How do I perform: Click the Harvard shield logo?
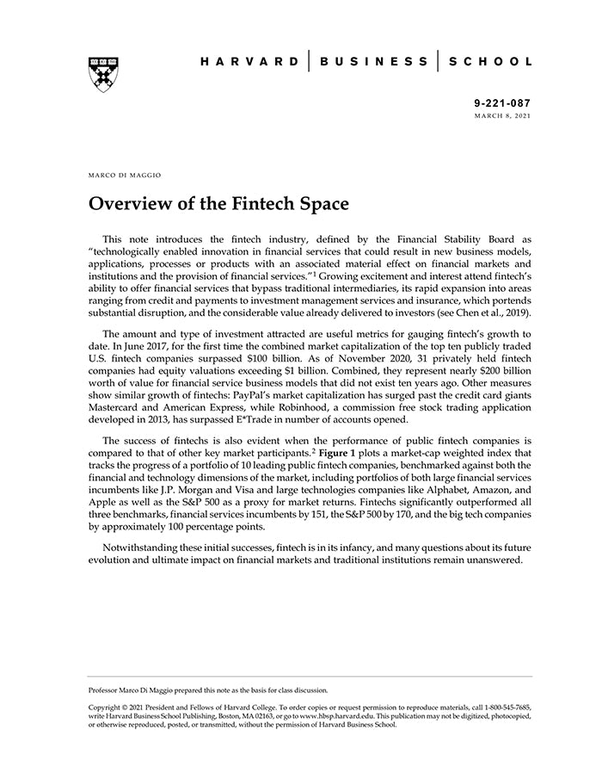coord(102,74)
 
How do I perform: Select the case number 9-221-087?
coord(502,102)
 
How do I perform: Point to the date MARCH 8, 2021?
coord(503,115)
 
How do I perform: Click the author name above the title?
coord(125,175)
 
